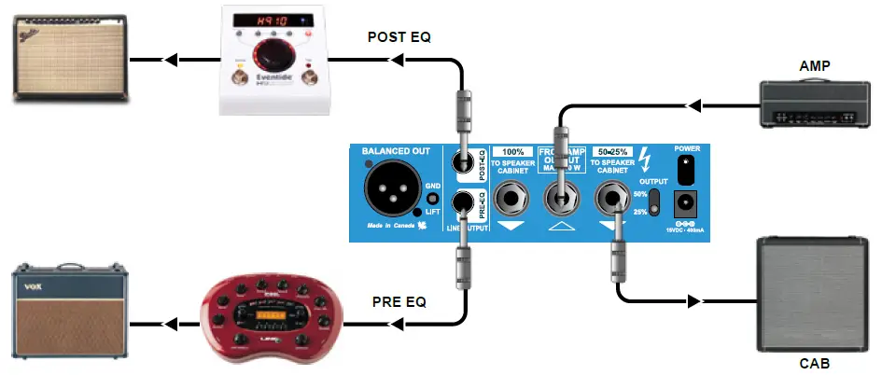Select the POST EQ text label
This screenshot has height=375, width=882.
399,37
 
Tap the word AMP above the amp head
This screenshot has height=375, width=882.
815,67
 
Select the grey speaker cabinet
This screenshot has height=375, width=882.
814,291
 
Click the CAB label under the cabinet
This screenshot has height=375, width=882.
815,363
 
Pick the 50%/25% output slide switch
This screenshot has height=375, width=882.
656,202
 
